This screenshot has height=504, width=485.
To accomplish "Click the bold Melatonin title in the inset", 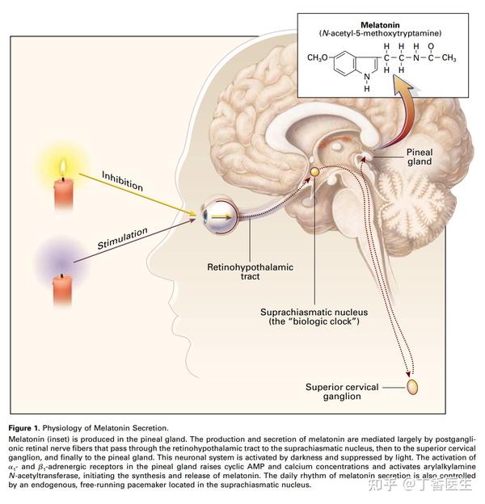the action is pyautogui.click(x=380, y=25).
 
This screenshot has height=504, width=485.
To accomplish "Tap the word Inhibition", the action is pyautogui.click(x=122, y=181).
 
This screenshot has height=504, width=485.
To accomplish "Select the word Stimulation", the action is pyautogui.click(x=123, y=238).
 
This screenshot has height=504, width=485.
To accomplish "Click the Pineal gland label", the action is pyautogui.click(x=420, y=157).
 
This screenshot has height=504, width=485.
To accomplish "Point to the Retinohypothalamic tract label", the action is pyautogui.click(x=250, y=271).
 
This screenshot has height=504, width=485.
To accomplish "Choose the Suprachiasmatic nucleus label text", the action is pyautogui.click(x=314, y=317).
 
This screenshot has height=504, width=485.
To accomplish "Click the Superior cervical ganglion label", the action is pyautogui.click(x=342, y=392).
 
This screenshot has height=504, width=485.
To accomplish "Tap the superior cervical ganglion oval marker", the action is pyautogui.click(x=412, y=387).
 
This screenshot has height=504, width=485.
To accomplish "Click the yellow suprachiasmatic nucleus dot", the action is pyautogui.click(x=315, y=172).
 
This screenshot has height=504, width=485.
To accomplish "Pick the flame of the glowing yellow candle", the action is pyautogui.click(x=63, y=168).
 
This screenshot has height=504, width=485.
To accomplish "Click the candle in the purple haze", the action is pyautogui.click(x=62, y=290).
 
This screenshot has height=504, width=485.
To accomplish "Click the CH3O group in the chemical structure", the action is pyautogui.click(x=318, y=58).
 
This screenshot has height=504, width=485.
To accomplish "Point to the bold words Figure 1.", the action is pyautogui.click(x=24, y=428).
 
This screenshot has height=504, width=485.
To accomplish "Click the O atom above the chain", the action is pyautogui.click(x=431, y=47).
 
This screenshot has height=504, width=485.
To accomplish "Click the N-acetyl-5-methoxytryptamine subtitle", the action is pyautogui.click(x=380, y=33).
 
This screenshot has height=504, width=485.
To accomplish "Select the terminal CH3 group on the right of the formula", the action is pyautogui.click(x=449, y=58).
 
